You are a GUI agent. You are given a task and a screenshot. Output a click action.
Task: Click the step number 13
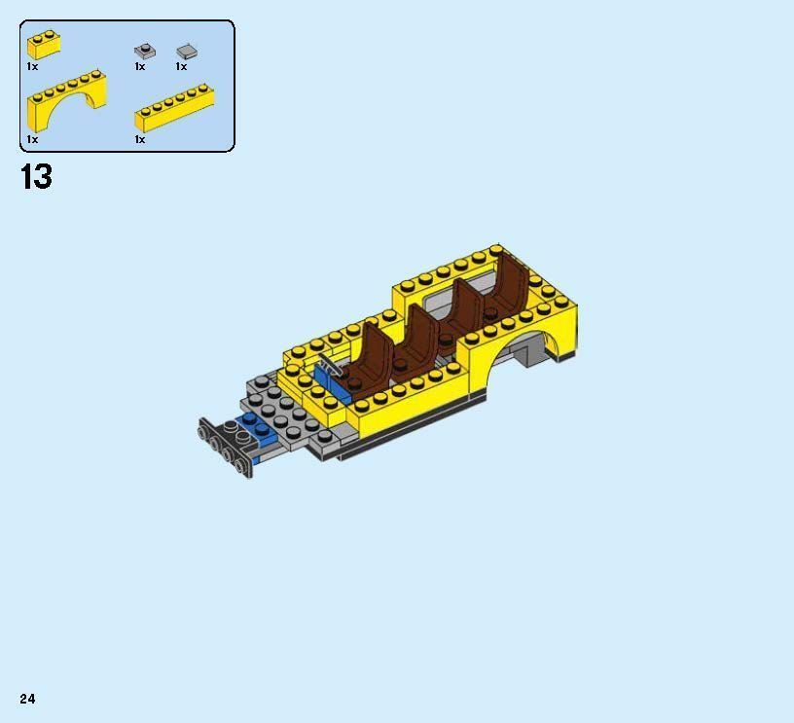tap(36, 177)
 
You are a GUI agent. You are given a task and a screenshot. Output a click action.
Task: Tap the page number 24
tap(27, 699)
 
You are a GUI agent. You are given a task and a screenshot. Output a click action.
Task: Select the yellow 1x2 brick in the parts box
tap(44, 46)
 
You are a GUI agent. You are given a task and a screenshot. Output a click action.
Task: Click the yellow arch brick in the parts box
tap(66, 101)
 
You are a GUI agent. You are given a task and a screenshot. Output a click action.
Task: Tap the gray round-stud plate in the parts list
tap(144, 51)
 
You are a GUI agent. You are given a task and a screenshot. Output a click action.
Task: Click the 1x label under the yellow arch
tap(32, 139)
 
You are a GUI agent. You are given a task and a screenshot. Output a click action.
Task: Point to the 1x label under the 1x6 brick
tap(140, 139)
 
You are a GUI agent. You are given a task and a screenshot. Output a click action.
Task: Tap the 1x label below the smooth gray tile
tap(181, 67)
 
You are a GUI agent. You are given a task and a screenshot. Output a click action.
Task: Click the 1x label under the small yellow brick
tap(32, 67)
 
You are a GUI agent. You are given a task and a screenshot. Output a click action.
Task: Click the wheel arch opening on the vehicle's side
tap(535, 348)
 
